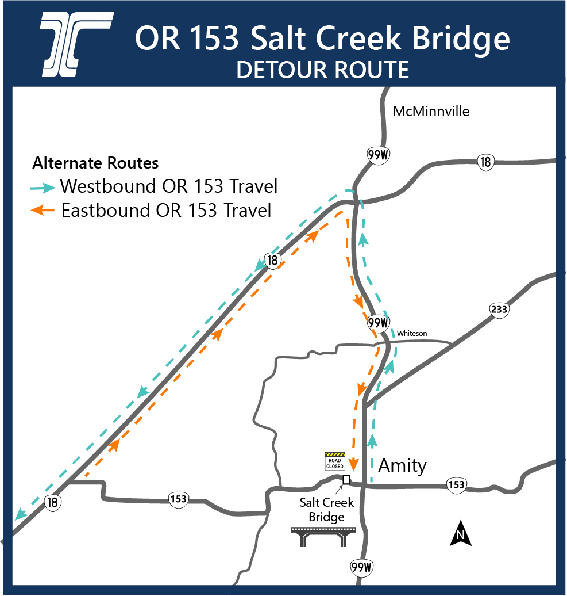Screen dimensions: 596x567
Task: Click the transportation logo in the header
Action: (x=76, y=44)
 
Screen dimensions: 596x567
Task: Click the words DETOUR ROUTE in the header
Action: (x=322, y=70)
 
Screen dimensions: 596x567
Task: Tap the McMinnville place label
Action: (x=431, y=111)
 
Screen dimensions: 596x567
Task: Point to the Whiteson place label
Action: (x=412, y=334)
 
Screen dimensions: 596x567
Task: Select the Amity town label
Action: (x=402, y=465)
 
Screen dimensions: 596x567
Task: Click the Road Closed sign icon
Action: (x=334, y=461)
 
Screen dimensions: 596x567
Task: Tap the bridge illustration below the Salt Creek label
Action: (x=325, y=537)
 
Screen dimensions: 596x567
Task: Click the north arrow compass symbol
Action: (x=460, y=533)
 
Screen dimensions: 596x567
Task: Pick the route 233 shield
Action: (x=499, y=310)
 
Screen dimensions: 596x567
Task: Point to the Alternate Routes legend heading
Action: (x=95, y=163)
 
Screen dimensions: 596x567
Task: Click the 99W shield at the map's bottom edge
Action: (x=362, y=568)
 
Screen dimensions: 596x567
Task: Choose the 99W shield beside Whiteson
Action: (x=379, y=323)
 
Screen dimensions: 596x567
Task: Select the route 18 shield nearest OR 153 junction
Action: (x=53, y=502)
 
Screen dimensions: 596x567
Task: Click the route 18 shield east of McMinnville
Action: (x=486, y=162)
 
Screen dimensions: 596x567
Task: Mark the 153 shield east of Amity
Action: (x=456, y=485)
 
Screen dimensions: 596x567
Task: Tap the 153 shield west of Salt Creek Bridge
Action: (x=179, y=499)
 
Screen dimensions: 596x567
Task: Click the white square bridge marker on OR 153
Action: (x=346, y=480)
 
